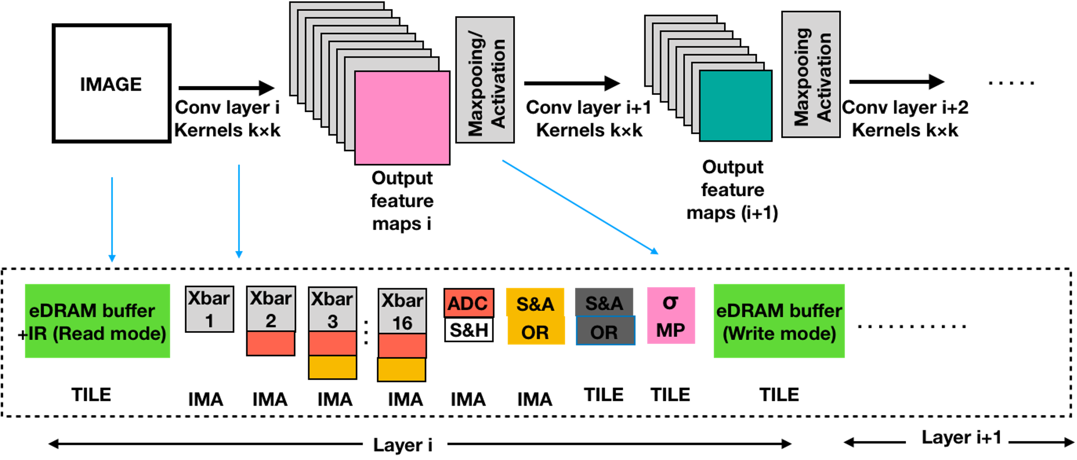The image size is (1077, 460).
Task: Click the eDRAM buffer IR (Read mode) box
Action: coord(97,321)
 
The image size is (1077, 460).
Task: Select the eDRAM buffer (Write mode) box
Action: coord(778,321)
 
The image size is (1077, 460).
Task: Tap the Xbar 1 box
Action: coord(209,309)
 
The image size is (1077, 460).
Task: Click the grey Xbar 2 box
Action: coord(271,309)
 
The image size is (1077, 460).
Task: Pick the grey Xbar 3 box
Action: coord(332,309)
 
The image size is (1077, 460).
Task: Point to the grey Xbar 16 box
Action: coord(402,311)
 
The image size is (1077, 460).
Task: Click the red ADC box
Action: coord(468,303)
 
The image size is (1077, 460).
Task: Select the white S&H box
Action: coord(469,330)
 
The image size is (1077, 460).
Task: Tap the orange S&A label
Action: coord(535,303)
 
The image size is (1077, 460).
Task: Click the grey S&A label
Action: coord(604,303)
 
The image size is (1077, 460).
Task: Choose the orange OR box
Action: coord(535,332)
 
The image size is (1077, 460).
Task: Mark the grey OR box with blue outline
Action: coord(605,331)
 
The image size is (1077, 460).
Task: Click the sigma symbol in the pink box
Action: coord(670,302)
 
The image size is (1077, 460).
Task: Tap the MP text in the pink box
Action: coord(670,330)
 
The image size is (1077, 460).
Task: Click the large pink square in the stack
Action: coord(402,117)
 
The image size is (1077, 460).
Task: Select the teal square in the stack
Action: coord(735,106)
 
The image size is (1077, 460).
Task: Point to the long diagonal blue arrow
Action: coord(580,206)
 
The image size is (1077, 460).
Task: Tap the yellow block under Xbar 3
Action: coord(332,367)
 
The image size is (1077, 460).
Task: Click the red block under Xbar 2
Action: coord(271,343)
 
